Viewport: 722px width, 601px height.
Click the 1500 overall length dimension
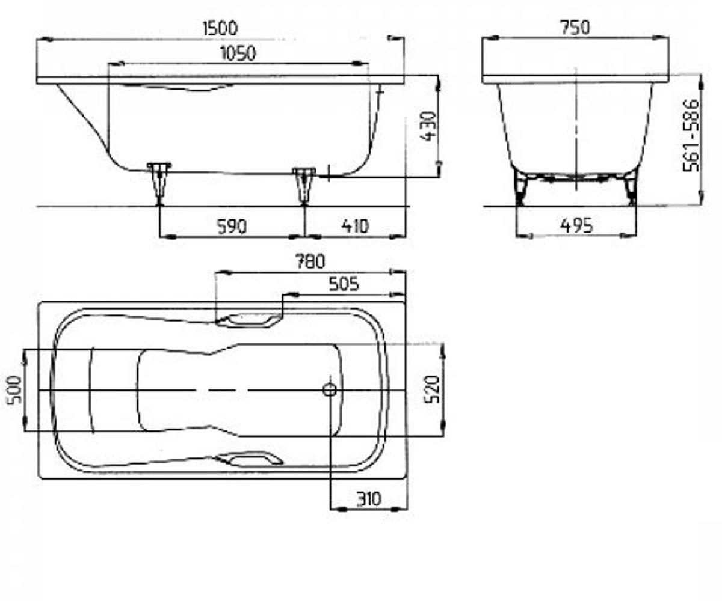[220, 28]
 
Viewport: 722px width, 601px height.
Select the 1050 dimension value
[238, 53]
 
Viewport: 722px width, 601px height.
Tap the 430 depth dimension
[430, 126]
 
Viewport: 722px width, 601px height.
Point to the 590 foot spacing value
[232, 227]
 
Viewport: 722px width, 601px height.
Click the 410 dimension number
[355, 227]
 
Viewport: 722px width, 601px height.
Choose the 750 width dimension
[575, 28]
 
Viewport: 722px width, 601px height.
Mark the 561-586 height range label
[691, 135]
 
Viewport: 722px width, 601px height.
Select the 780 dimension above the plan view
[310, 261]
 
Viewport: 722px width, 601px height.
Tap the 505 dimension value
[344, 285]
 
